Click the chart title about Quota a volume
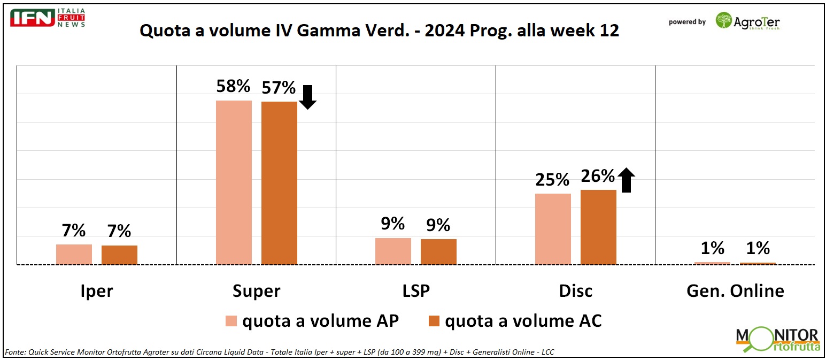(379, 30)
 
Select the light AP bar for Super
(234, 182)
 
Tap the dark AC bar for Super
(279, 182)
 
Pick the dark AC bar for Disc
(598, 227)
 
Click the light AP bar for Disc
(553, 228)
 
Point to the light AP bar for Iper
(74, 254)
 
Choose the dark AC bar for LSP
(438, 251)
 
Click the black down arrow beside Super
(308, 97)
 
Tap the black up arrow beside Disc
(627, 180)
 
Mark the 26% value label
(598, 176)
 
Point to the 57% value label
(279, 88)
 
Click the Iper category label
(97, 291)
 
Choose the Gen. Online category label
(735, 291)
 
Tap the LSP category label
(415, 291)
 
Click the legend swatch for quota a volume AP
(231, 321)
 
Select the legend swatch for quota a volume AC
(434, 321)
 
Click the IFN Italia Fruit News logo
(47, 18)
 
